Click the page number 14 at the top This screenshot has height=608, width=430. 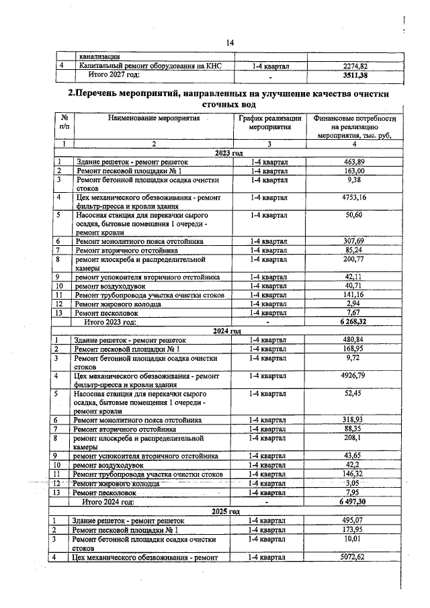[230, 43]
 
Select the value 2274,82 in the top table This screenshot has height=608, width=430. [355, 66]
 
